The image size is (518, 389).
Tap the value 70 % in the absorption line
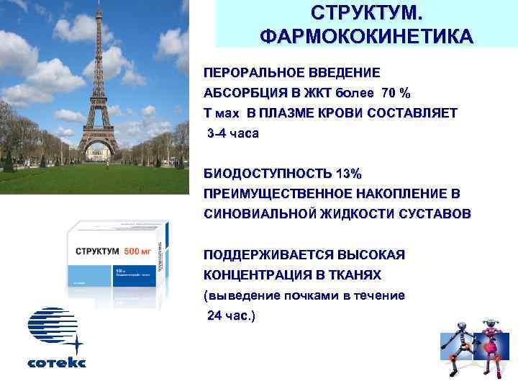coord(396,94)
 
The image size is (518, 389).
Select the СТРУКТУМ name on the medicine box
coord(99,251)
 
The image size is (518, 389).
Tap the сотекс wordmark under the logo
coord(56,363)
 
